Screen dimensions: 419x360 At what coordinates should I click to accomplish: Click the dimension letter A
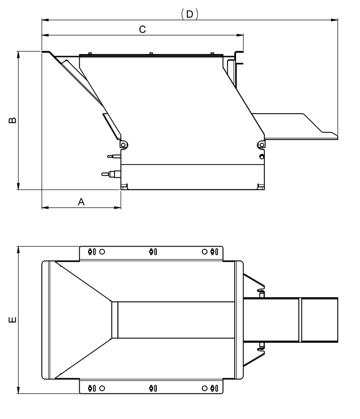(x=81, y=202)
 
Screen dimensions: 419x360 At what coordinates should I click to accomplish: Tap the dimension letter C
(x=142, y=29)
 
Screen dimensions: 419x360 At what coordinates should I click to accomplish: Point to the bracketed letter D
(x=189, y=14)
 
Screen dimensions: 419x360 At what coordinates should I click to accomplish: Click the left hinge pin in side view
(x=123, y=145)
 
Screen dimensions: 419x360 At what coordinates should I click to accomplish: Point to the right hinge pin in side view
(x=262, y=145)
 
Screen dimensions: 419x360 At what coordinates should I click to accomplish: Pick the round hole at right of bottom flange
(x=205, y=388)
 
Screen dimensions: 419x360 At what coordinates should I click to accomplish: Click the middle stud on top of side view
(x=151, y=53)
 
